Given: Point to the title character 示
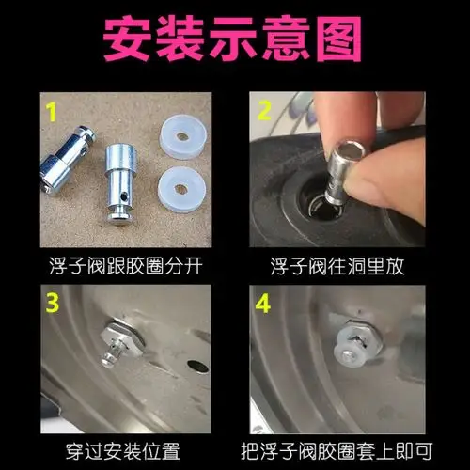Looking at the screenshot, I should point(234,38).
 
